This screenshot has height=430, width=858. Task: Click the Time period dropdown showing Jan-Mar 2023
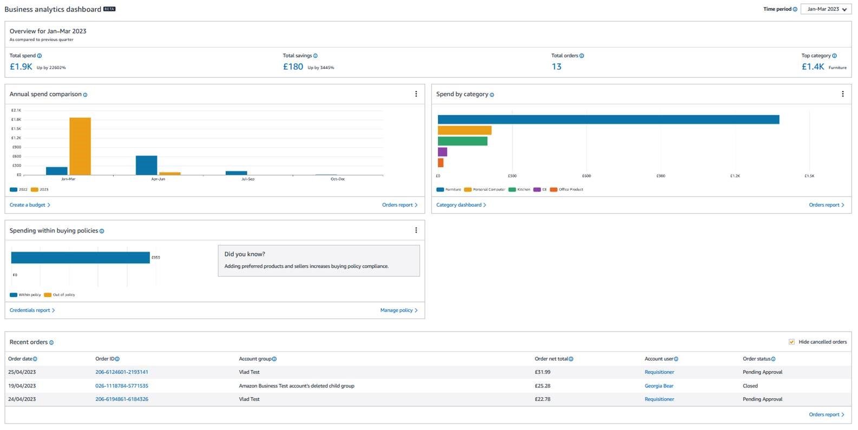[826, 9]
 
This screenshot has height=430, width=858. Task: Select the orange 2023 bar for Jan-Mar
[80, 146]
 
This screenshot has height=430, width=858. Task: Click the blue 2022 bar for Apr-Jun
[146, 165]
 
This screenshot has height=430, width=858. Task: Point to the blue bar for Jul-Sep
[236, 173]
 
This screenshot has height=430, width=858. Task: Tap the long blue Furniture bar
[608, 120]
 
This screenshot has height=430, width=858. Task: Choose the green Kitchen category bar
[462, 141]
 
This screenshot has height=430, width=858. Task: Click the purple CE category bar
[442, 152]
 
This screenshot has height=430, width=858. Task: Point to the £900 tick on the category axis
[660, 176]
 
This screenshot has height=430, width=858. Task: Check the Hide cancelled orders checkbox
[792, 342]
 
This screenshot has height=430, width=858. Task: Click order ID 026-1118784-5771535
[122, 386]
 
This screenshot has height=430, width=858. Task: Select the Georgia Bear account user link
[659, 386]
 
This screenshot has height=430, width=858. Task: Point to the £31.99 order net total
[542, 372]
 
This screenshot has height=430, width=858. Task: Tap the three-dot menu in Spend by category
[842, 94]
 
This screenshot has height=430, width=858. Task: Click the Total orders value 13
[556, 67]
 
